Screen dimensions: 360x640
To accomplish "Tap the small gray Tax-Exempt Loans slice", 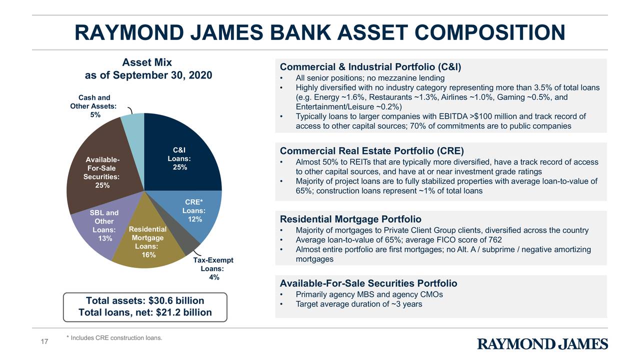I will (185, 243).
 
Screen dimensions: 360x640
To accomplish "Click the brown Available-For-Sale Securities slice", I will (100, 165).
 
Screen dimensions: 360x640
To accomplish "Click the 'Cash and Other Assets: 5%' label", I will (94, 106).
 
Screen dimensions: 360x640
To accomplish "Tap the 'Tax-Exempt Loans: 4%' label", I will (213, 269).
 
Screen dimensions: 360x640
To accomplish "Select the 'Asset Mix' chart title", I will (147, 62).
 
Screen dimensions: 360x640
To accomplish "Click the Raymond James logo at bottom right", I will (542, 344).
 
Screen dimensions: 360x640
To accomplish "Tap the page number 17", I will (44, 342).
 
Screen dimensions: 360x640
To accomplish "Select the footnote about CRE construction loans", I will (114, 338).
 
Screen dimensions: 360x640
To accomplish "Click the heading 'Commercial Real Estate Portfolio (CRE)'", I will (371, 151).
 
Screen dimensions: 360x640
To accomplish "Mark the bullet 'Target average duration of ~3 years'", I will (358, 304).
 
